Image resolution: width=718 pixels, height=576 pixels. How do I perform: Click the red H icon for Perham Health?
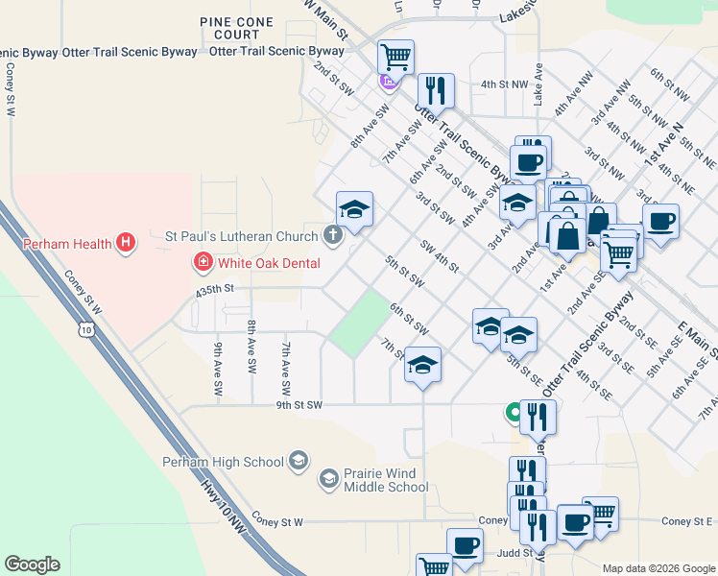[124, 244]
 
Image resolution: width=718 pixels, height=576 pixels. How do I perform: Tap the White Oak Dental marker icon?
[203, 261]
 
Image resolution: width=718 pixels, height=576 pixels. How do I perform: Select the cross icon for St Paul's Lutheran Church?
[332, 235]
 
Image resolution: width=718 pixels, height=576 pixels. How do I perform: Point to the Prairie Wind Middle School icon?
[328, 478]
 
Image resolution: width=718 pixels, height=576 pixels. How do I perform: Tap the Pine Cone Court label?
[229, 28]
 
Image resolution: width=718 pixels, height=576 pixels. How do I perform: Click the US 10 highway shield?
[87, 330]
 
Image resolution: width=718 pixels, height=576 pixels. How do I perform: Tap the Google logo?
[32, 564]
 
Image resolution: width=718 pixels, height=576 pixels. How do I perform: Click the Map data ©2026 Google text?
[658, 568]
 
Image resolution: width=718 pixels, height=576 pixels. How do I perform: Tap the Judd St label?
[514, 554]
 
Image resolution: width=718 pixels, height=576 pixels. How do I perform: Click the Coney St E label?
[687, 521]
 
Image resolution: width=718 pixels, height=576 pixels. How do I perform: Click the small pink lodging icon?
[388, 83]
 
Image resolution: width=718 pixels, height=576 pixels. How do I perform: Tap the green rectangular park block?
[358, 324]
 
